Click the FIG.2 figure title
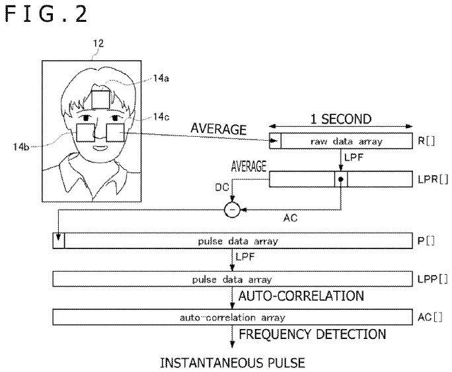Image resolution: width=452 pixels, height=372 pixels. (x=46, y=14)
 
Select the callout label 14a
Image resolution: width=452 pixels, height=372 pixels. (x=161, y=79)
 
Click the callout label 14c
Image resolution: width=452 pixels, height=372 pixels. (x=161, y=117)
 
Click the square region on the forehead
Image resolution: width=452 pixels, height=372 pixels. (x=101, y=99)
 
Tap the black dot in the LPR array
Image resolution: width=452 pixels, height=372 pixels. (x=340, y=179)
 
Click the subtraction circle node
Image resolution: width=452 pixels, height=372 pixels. (x=233, y=209)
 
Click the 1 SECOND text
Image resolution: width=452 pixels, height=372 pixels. (x=341, y=120)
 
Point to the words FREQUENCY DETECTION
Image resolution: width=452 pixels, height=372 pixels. (x=313, y=334)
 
